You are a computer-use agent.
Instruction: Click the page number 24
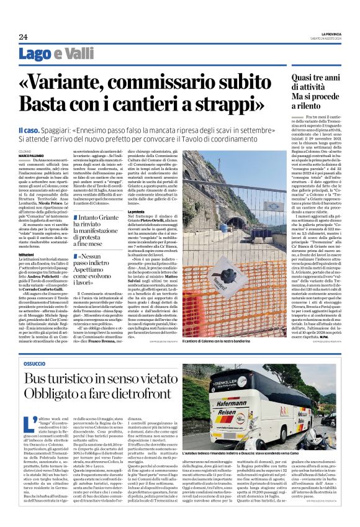(24, 36)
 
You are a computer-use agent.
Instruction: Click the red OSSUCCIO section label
(36, 362)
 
